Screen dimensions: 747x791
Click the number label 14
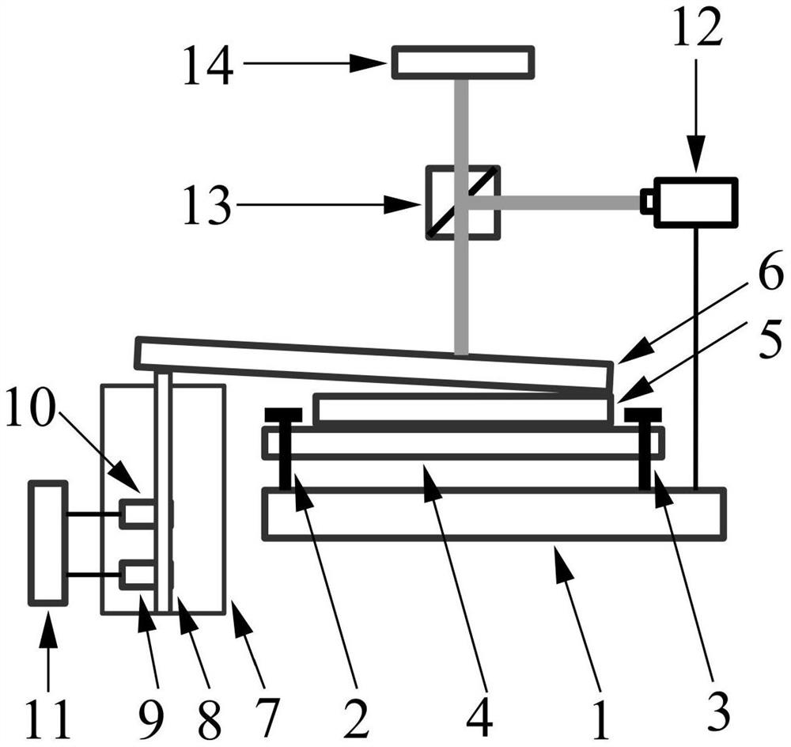209,64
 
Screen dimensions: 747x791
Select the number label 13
208,207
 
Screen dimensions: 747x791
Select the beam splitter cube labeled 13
463,201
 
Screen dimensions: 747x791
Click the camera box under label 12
695,203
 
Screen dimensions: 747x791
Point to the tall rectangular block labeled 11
47,544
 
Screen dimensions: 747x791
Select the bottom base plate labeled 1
494,514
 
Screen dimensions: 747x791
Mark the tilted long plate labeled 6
372,360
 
